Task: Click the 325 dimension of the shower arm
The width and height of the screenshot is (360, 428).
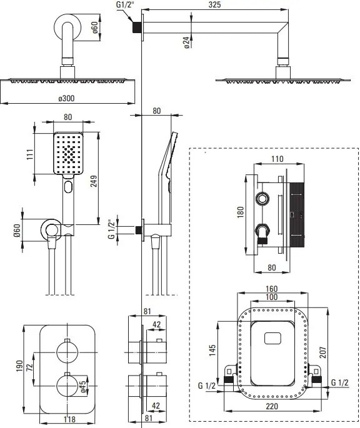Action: tap(214, 4)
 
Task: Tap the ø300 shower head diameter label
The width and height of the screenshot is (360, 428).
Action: tap(66, 98)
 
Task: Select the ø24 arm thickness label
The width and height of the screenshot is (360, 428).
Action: tap(186, 42)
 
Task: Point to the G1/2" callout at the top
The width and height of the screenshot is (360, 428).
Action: tap(125, 4)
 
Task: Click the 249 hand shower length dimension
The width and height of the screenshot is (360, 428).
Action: tap(94, 181)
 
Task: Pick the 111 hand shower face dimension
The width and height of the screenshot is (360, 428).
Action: tap(30, 154)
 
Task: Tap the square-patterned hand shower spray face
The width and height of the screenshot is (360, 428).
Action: tap(68, 154)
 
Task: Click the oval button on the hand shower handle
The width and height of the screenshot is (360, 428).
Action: tap(68, 187)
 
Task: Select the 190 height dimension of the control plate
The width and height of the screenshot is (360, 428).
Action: tap(19, 366)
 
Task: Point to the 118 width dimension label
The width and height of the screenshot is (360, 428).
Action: tap(69, 419)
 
